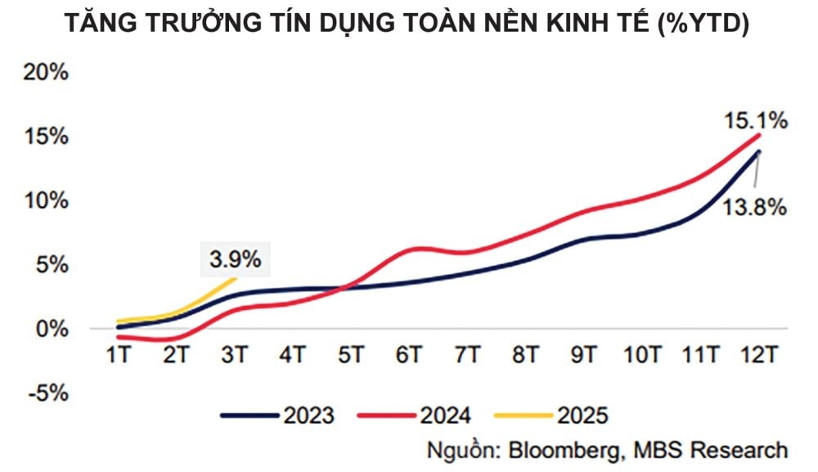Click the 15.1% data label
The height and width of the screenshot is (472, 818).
point(755,121)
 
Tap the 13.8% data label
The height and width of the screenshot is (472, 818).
point(753,208)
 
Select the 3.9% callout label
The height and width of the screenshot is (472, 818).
point(235,260)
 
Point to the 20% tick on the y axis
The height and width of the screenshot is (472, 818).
point(46,72)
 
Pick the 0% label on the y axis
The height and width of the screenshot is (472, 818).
point(51,329)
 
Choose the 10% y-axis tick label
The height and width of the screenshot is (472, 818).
point(46,200)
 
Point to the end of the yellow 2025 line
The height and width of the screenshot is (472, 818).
point(236,279)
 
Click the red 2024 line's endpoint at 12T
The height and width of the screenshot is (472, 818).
point(760,135)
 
